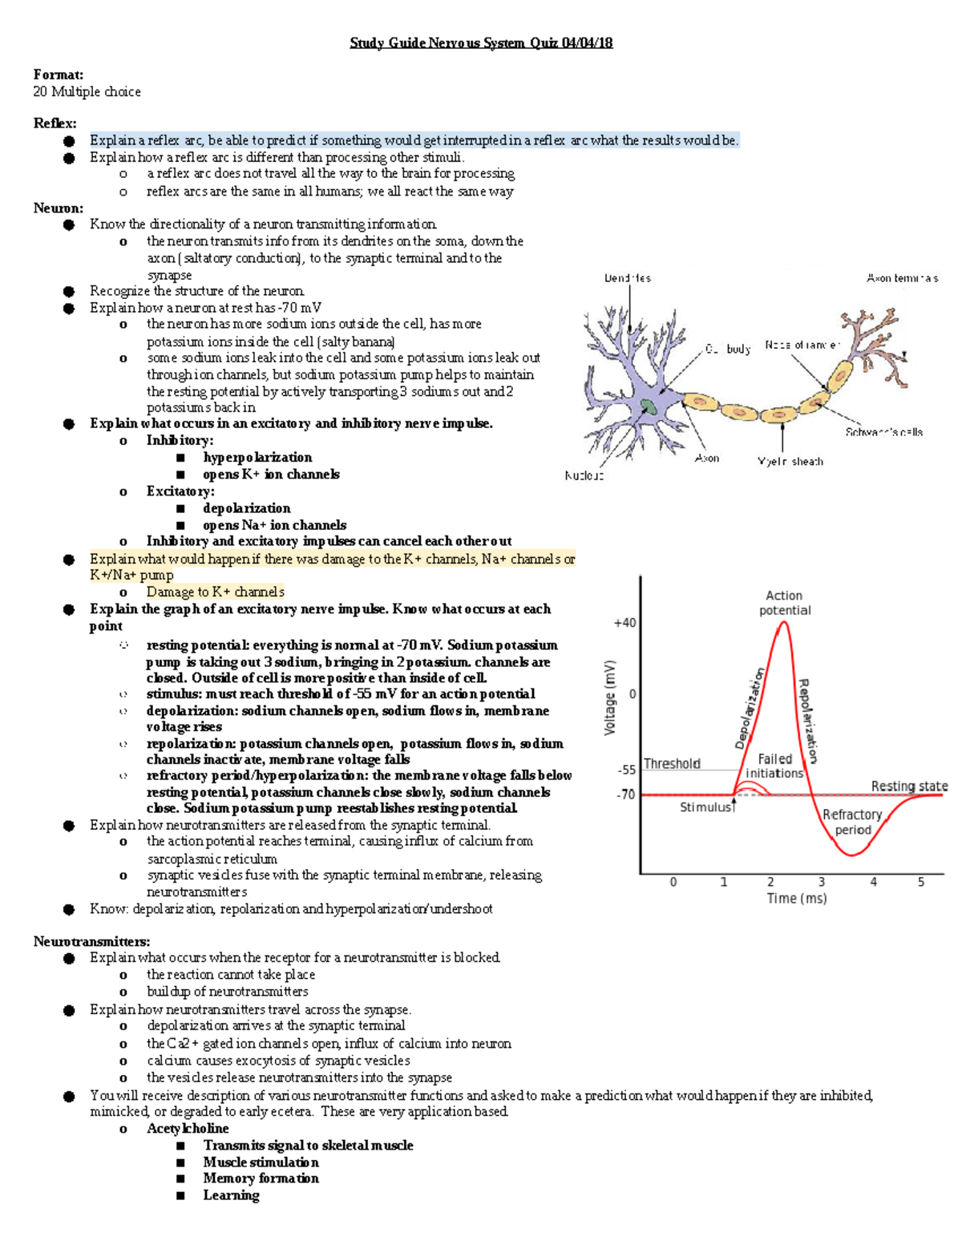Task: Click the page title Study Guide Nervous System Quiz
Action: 481,43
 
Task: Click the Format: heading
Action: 58,75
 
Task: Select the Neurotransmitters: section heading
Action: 91,941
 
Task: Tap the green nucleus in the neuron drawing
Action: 648,406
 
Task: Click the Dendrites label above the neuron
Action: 627,278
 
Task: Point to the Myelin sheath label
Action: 790,462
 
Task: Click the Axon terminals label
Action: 902,278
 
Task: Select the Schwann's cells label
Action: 883,432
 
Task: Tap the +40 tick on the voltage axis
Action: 624,623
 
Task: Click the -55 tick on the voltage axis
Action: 626,770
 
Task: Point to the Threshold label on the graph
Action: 672,764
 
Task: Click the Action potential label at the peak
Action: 785,603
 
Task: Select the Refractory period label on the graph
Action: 852,822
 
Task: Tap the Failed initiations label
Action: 774,766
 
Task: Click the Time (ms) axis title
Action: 796,899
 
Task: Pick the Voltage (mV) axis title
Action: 610,697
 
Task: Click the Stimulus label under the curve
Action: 705,807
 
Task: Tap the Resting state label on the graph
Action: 909,786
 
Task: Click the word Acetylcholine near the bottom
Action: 188,1129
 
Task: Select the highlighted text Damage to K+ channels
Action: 215,592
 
